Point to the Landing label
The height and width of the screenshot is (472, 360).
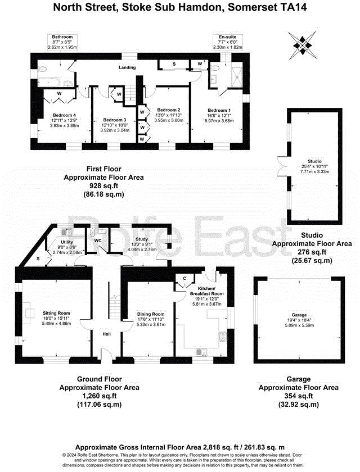point(127,67)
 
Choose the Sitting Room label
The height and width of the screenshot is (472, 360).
point(56,312)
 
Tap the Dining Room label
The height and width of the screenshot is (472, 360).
point(151,314)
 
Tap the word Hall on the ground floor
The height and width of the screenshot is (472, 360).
point(106,334)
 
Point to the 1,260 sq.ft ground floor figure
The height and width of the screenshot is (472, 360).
point(99,396)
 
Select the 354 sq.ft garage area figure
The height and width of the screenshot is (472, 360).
point(298,396)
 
